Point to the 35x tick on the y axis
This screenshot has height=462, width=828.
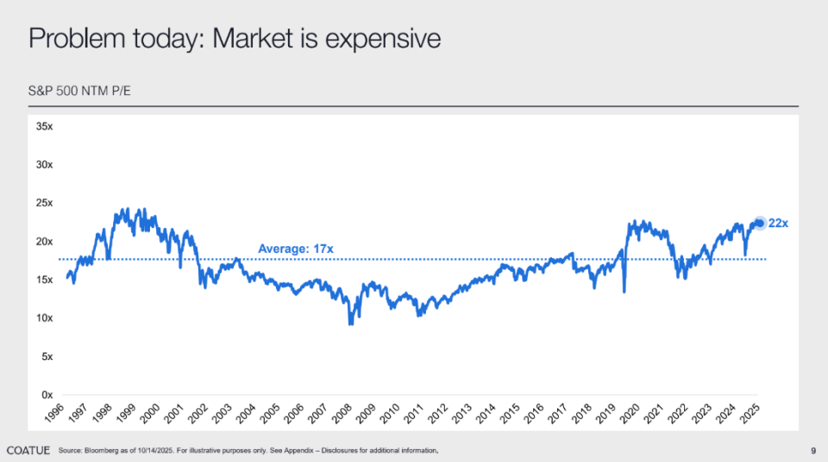[x=43, y=126]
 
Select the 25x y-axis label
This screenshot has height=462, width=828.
[x=43, y=203]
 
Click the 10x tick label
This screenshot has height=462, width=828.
[x=43, y=318]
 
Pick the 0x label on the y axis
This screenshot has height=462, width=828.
[x=46, y=395]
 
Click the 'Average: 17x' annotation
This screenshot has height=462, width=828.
[x=295, y=250]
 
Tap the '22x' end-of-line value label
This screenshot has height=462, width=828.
[x=778, y=224]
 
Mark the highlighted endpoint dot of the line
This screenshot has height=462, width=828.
[x=760, y=223]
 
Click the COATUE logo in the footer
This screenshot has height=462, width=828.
[x=28, y=451]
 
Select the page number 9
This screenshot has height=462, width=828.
[x=813, y=451]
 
